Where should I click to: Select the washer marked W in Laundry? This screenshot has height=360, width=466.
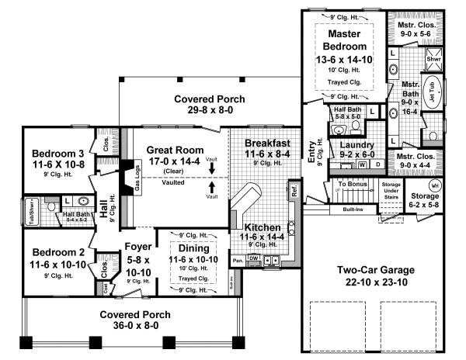point(362,164)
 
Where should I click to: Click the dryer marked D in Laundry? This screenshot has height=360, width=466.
point(377,164)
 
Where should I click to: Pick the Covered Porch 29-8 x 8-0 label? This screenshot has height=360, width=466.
point(209,99)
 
